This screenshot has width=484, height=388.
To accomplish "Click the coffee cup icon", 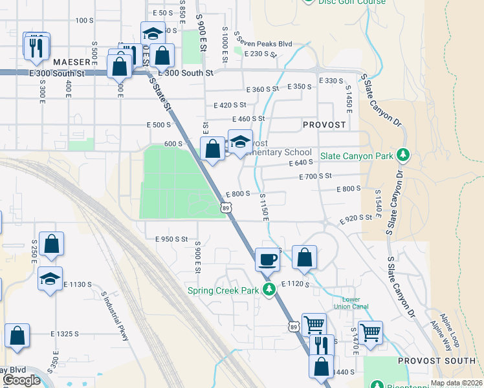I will point(268,260).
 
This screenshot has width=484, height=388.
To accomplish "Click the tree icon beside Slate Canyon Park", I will point(403,155).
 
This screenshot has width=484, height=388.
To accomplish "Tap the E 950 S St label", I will point(171,239).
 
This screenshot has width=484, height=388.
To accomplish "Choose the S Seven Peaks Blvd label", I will point(263,41).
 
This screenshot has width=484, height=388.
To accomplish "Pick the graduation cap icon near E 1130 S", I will point(50,279).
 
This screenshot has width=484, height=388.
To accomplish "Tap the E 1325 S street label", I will point(65,334).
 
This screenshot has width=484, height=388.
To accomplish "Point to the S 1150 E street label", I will point(264,207).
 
